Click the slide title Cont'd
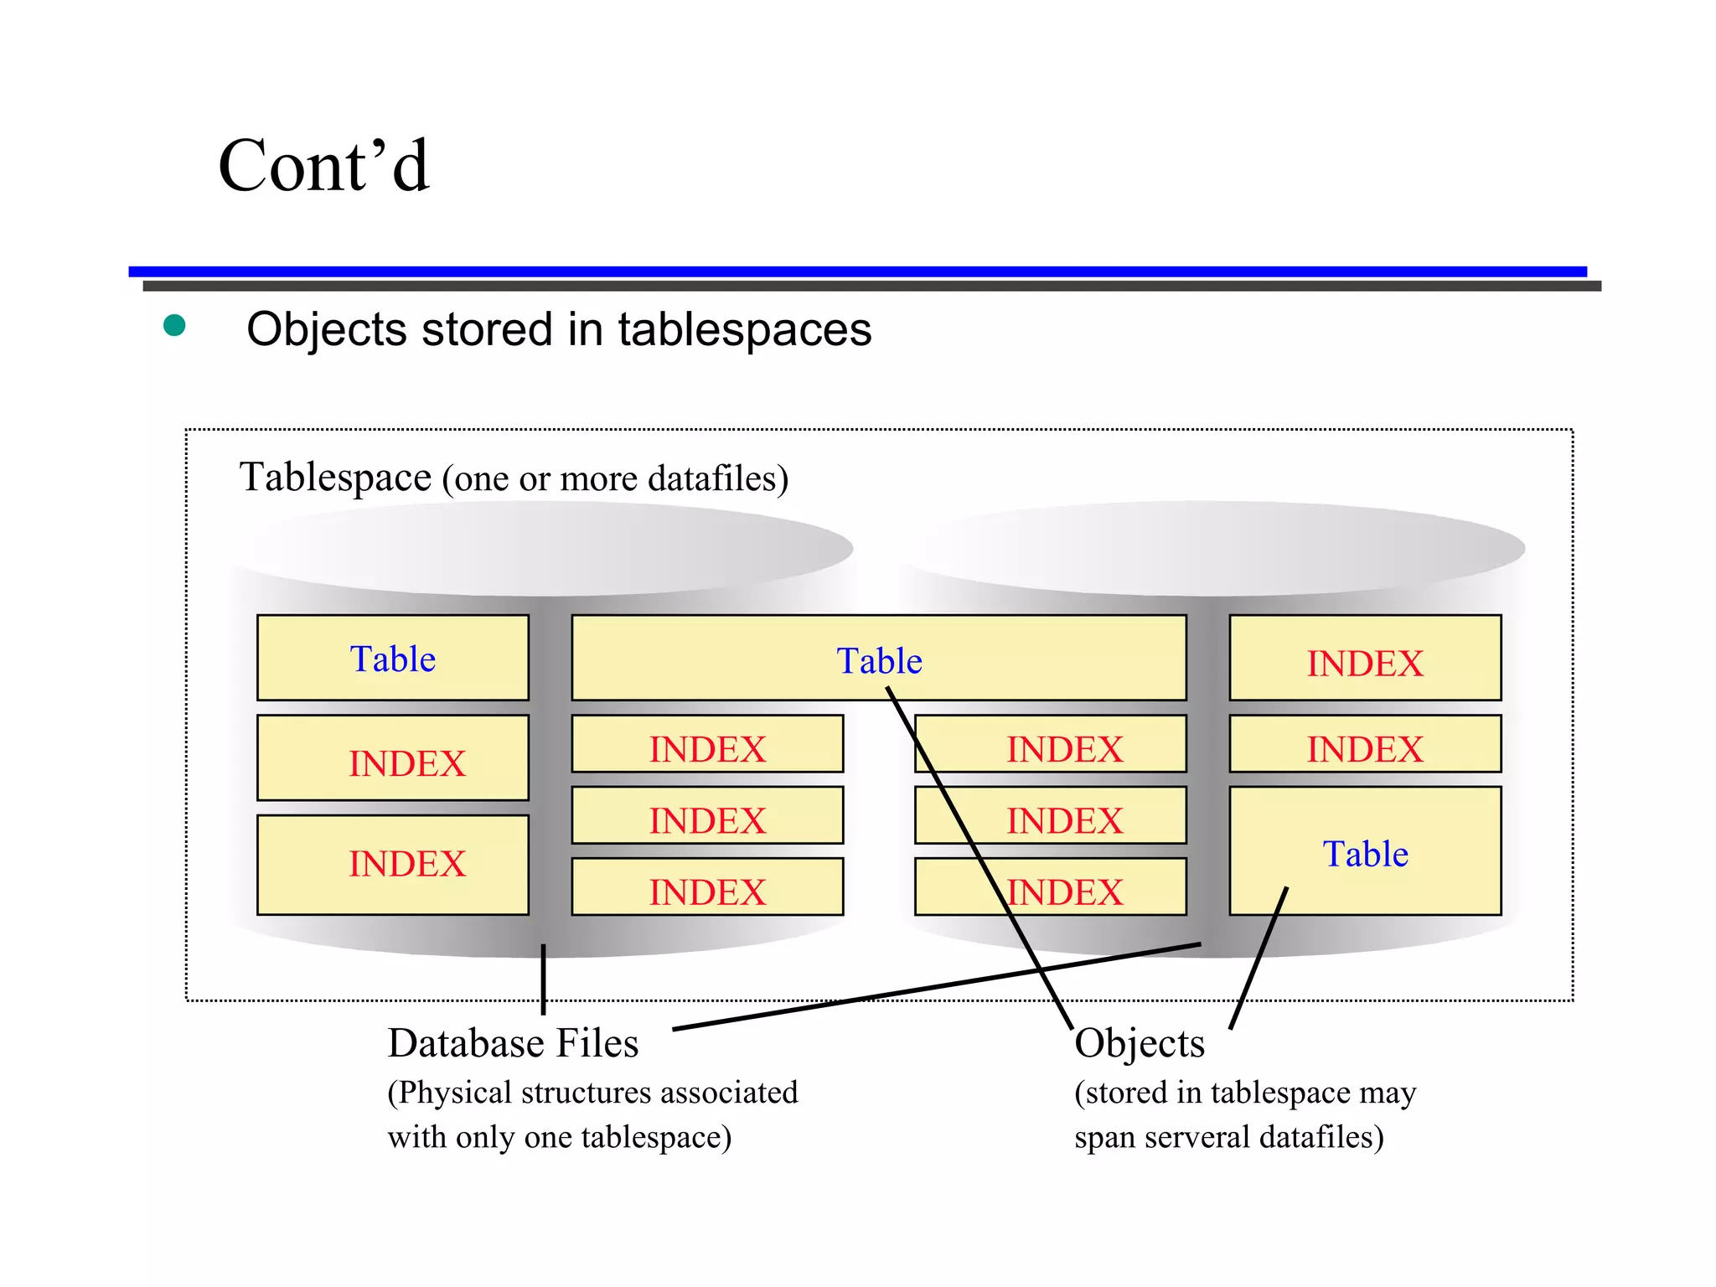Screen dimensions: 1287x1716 tap(323, 166)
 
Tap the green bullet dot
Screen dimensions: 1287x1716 tap(174, 325)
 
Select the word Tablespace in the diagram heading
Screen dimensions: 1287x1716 tap(335, 478)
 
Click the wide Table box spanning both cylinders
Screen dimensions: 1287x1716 tap(878, 659)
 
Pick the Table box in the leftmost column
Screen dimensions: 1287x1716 tap(392, 659)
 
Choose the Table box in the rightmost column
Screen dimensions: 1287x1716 tap(1365, 851)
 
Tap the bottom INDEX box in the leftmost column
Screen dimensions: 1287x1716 tap(392, 865)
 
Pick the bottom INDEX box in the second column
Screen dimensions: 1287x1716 tap(707, 887)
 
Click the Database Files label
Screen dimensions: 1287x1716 tap(513, 1044)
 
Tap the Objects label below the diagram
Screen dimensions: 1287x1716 tap(1140, 1044)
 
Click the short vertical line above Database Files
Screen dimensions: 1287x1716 tap(543, 979)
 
